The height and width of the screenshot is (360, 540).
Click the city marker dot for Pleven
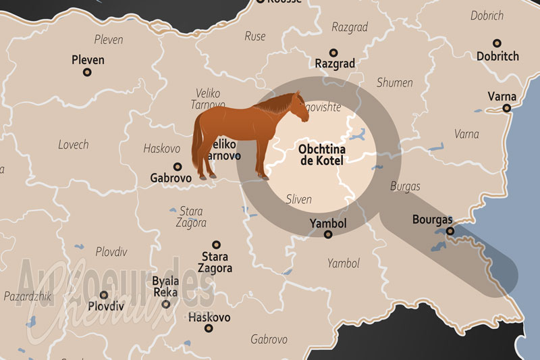88,73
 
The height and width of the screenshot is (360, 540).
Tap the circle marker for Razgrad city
333,52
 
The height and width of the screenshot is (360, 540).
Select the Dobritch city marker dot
497,43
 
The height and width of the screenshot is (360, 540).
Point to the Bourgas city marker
450,231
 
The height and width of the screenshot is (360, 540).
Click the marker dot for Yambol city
328,234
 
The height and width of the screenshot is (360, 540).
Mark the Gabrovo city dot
178,166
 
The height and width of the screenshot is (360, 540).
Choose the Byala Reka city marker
166,304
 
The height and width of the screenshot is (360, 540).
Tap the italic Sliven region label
299,199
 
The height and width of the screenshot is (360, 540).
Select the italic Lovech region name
73,145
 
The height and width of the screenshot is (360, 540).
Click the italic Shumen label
395,82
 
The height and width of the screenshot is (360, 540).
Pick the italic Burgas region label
405,186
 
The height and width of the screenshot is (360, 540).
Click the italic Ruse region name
255,36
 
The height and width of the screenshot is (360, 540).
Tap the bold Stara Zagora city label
215,262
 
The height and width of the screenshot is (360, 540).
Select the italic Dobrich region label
487,16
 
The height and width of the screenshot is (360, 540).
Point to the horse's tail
198,145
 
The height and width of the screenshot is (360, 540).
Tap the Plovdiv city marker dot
104,294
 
